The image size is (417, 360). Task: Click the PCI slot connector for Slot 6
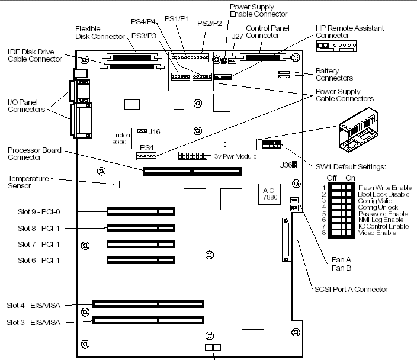tap(141, 259)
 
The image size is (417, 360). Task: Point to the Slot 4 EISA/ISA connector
tap(148, 305)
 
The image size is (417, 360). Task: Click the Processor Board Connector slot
tap(192, 172)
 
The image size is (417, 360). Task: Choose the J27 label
tap(238, 36)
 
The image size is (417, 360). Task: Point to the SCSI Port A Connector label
tap(351, 290)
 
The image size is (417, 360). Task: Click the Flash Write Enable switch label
tap(383, 188)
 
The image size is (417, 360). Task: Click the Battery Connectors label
tap(334, 74)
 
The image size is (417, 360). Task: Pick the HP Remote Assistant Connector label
tap(349, 31)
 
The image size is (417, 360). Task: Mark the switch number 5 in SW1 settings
tap(325, 213)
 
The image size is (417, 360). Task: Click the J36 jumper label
tap(284, 165)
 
